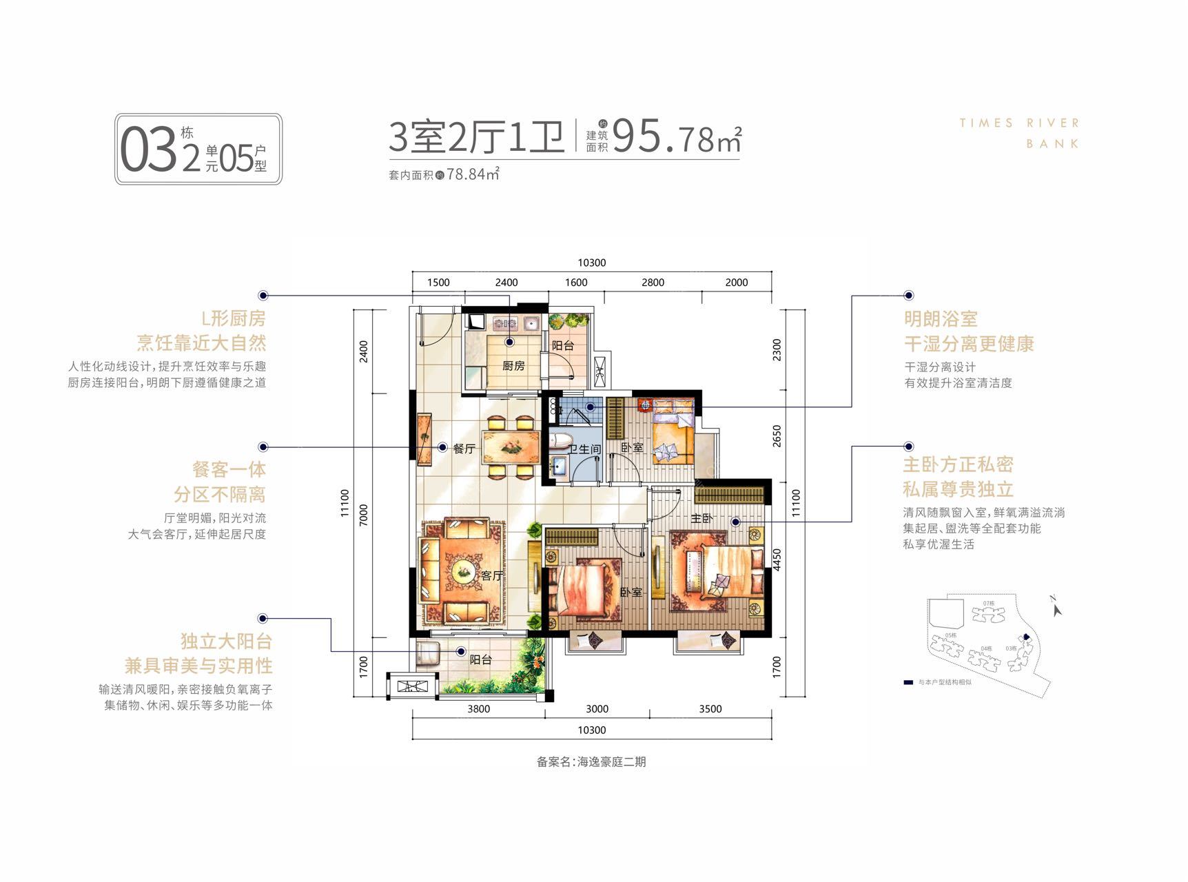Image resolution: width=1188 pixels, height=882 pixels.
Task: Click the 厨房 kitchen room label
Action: click(x=513, y=366)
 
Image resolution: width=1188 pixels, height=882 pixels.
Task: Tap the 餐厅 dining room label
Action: click(x=464, y=449)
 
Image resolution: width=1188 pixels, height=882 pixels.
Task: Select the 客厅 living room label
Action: click(x=492, y=575)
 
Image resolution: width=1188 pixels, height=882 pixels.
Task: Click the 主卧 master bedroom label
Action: click(x=701, y=517)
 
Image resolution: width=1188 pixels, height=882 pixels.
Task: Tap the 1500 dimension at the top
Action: click(x=438, y=283)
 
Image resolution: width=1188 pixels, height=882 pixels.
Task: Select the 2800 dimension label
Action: click(x=653, y=283)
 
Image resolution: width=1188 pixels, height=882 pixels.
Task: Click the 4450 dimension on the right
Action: click(x=777, y=560)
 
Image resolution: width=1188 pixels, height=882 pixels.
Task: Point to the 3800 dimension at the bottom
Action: click(x=478, y=709)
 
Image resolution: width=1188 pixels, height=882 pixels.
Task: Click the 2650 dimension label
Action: click(x=777, y=435)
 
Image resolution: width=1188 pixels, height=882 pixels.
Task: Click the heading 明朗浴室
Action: click(x=941, y=319)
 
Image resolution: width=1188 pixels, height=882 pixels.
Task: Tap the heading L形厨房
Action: click(x=233, y=318)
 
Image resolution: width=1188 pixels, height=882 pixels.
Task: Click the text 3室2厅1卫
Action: click(x=476, y=136)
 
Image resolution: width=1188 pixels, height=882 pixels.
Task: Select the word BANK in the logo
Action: click(x=1053, y=144)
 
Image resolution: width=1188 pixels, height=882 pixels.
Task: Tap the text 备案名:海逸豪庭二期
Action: click(x=591, y=762)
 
